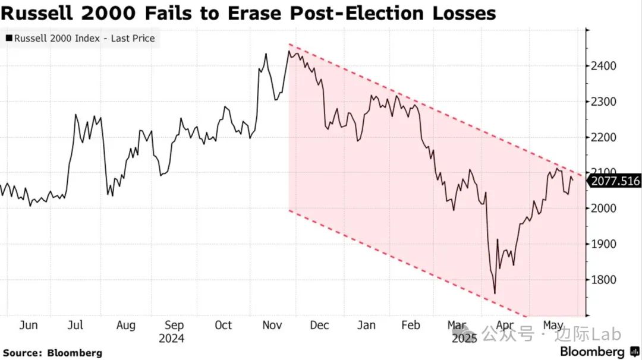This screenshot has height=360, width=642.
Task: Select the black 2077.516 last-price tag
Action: (615, 181)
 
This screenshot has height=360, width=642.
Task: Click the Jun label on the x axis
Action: (29, 326)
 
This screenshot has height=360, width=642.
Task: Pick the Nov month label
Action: (272, 326)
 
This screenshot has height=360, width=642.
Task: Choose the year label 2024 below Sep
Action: (172, 339)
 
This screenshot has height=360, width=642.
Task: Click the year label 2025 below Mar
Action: (464, 339)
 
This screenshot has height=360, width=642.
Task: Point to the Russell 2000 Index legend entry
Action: (84, 39)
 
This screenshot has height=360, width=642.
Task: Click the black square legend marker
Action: (8, 39)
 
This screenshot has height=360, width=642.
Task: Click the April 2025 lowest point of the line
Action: (495, 293)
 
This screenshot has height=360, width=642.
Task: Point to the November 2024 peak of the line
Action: (288, 51)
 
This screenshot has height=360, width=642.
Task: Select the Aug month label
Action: (125, 326)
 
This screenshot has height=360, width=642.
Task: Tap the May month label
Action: (553, 326)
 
